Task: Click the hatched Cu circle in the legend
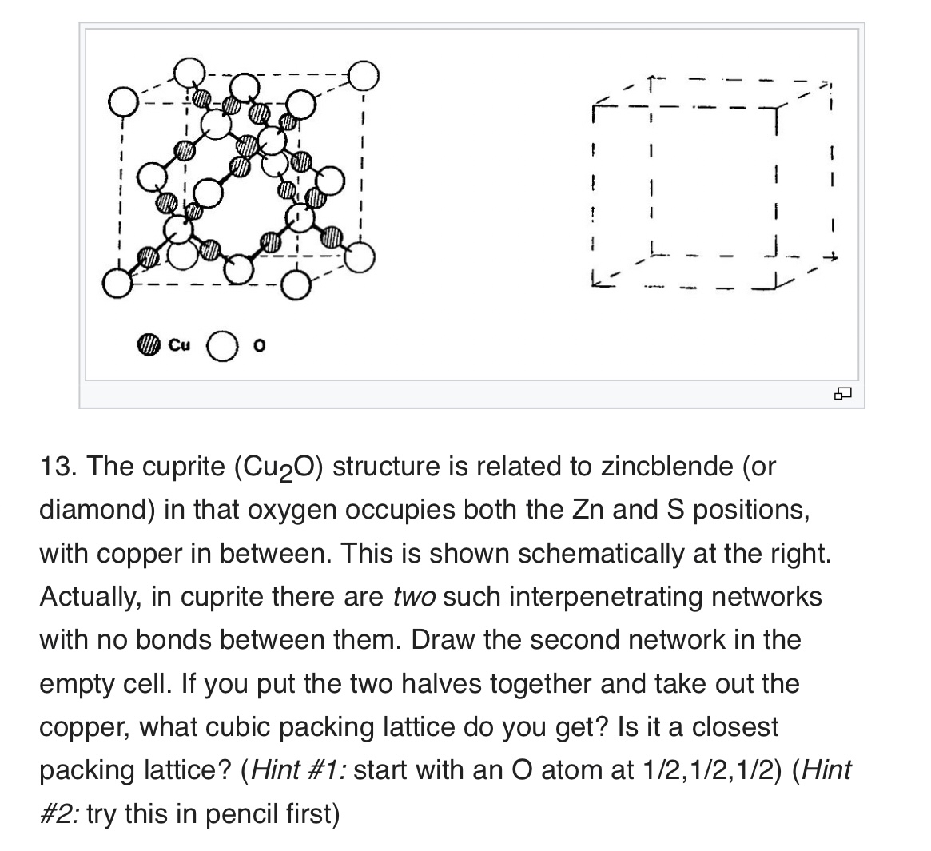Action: pyautogui.click(x=148, y=347)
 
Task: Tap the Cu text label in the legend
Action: pyautogui.click(x=180, y=346)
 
